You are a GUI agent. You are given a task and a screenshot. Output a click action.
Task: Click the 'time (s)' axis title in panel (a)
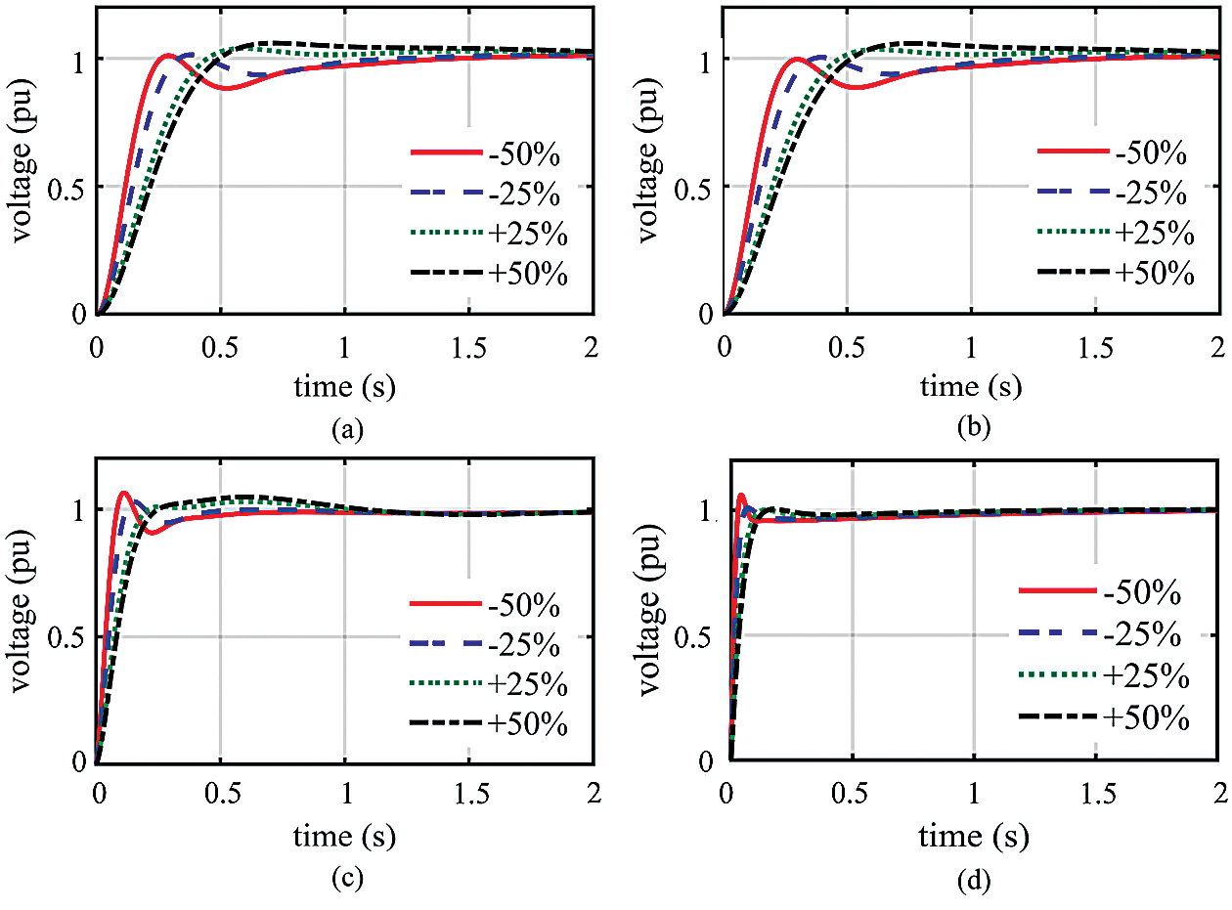pyautogui.click(x=345, y=387)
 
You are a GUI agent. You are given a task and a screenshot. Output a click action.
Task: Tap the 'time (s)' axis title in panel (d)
pyautogui.click(x=972, y=837)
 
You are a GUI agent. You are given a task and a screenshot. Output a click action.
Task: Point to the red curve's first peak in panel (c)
pyautogui.click(x=123, y=492)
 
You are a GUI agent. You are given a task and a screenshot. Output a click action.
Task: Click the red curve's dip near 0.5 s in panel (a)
pyautogui.click(x=226, y=88)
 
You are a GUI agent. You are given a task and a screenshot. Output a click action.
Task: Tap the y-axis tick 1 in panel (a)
pyautogui.click(x=77, y=59)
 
